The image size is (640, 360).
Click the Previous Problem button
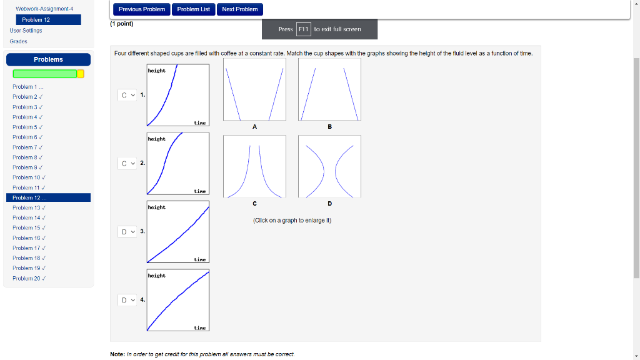click(142, 9)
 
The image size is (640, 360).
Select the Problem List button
click(193, 9)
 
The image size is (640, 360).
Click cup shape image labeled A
click(254, 92)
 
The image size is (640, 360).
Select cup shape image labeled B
click(329, 92)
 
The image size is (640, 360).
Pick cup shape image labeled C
click(254, 167)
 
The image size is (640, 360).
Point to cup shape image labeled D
click(329, 167)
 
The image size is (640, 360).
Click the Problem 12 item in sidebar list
click(49, 197)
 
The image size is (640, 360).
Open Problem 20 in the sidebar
click(28, 278)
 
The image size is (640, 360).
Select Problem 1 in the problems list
click(26, 86)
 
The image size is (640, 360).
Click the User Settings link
click(26, 30)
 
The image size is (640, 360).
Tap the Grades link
click(19, 41)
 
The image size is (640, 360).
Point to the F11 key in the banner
click(303, 29)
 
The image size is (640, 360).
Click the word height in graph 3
click(157, 207)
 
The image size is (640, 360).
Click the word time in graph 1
click(200, 123)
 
